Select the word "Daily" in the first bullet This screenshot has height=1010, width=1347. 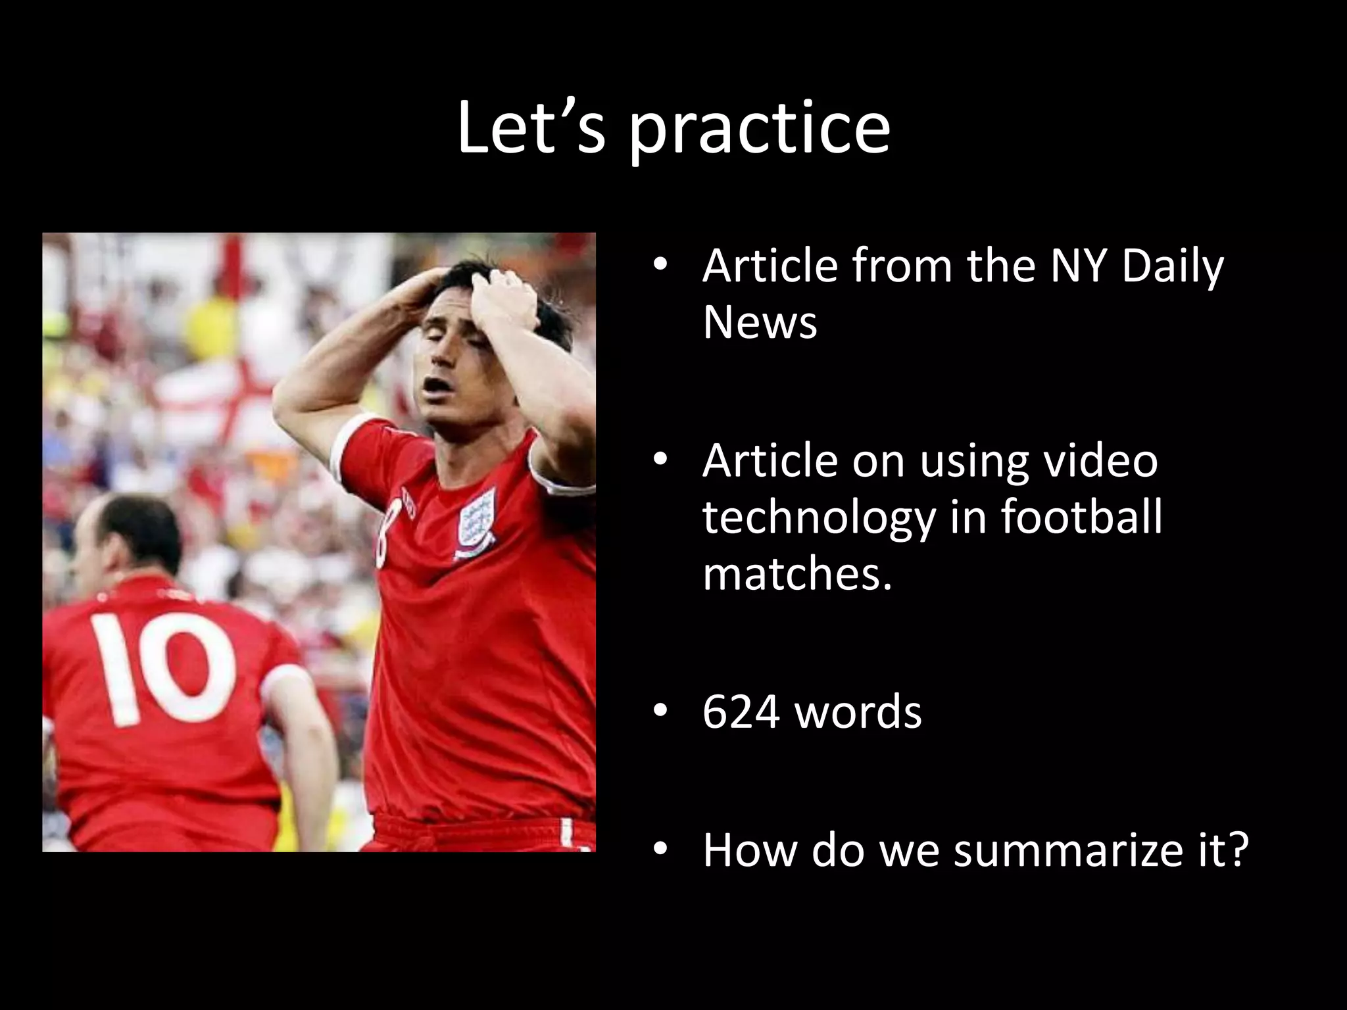pyautogui.click(x=1173, y=266)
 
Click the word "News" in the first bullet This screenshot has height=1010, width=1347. pyautogui.click(x=760, y=322)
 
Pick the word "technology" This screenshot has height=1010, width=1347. pyautogui.click(x=818, y=517)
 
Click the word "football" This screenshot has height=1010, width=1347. pyautogui.click(x=1082, y=516)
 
